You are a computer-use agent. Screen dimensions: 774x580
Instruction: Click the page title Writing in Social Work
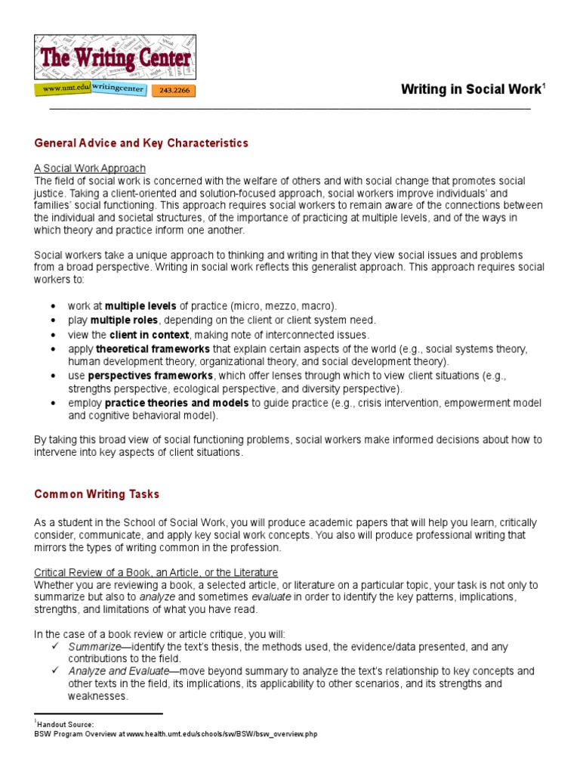click(x=470, y=89)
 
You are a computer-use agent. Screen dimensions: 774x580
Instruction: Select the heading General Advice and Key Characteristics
click(x=141, y=143)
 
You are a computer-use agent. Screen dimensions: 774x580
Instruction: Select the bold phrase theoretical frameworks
click(x=153, y=348)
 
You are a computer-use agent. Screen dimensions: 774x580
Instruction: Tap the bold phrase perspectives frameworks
click(x=151, y=375)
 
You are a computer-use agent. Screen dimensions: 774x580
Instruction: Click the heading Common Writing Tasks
click(x=97, y=494)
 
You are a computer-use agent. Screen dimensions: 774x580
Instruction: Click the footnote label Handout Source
click(x=66, y=724)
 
